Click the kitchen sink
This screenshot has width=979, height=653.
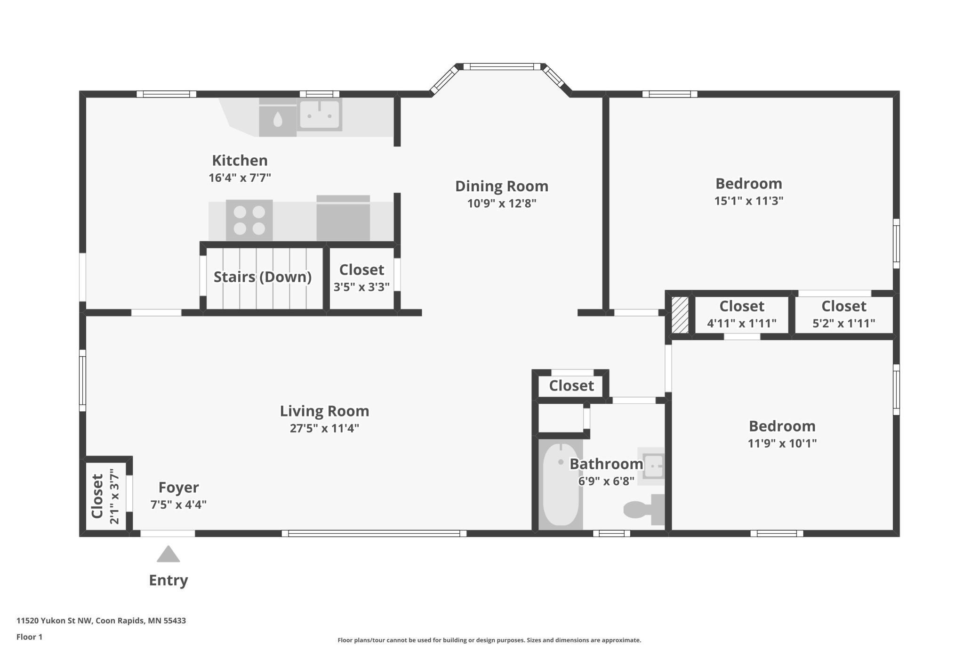[320, 114]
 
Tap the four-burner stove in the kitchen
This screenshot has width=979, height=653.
[249, 220]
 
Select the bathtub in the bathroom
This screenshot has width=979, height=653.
[561, 484]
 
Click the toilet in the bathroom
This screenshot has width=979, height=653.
[644, 509]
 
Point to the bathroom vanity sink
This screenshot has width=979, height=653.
[652, 466]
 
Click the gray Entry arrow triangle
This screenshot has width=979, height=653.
[168, 554]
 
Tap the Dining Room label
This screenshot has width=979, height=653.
[502, 186]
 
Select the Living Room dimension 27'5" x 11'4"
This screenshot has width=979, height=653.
[324, 428]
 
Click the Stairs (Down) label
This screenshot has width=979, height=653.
[263, 277]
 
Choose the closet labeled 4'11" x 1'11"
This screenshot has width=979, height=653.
[741, 314]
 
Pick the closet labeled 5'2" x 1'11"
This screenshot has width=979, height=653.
[843, 314]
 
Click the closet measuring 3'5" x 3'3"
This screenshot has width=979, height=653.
[361, 278]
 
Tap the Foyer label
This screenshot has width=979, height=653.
[178, 487]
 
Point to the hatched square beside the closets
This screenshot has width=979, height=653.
[680, 315]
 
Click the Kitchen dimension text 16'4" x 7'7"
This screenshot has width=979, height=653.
[240, 178]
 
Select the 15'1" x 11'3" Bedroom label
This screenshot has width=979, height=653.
[748, 191]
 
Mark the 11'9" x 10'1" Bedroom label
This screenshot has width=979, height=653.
[782, 434]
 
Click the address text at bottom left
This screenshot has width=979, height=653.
[101, 620]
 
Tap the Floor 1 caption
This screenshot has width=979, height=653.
[29, 637]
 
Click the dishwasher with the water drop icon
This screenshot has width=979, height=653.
[278, 117]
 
